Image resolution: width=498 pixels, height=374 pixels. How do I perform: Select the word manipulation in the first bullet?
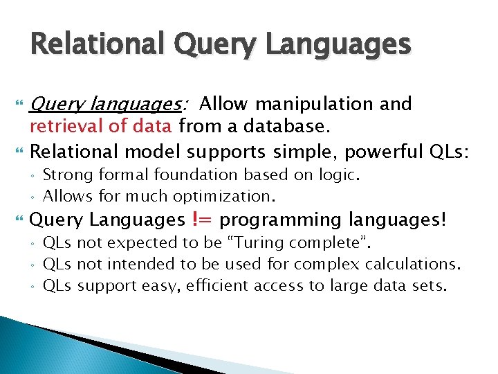[315, 104]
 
